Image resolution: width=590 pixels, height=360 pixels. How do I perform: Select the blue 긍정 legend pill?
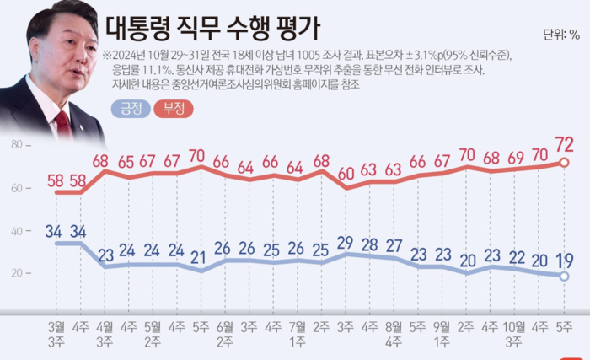(x=130, y=108)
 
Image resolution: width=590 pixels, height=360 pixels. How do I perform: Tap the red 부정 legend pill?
(x=173, y=108)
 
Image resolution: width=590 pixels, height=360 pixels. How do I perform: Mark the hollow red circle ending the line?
(x=565, y=162)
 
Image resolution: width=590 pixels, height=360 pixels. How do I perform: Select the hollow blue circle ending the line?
(x=565, y=276)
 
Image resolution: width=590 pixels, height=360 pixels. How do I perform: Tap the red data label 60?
(x=346, y=175)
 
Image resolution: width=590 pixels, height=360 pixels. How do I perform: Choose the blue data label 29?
(x=346, y=243)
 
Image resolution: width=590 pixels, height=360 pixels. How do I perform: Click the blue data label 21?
(x=200, y=258)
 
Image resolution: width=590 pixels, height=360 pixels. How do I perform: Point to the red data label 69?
(x=516, y=157)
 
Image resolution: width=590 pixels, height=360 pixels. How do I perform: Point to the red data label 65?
(x=126, y=162)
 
